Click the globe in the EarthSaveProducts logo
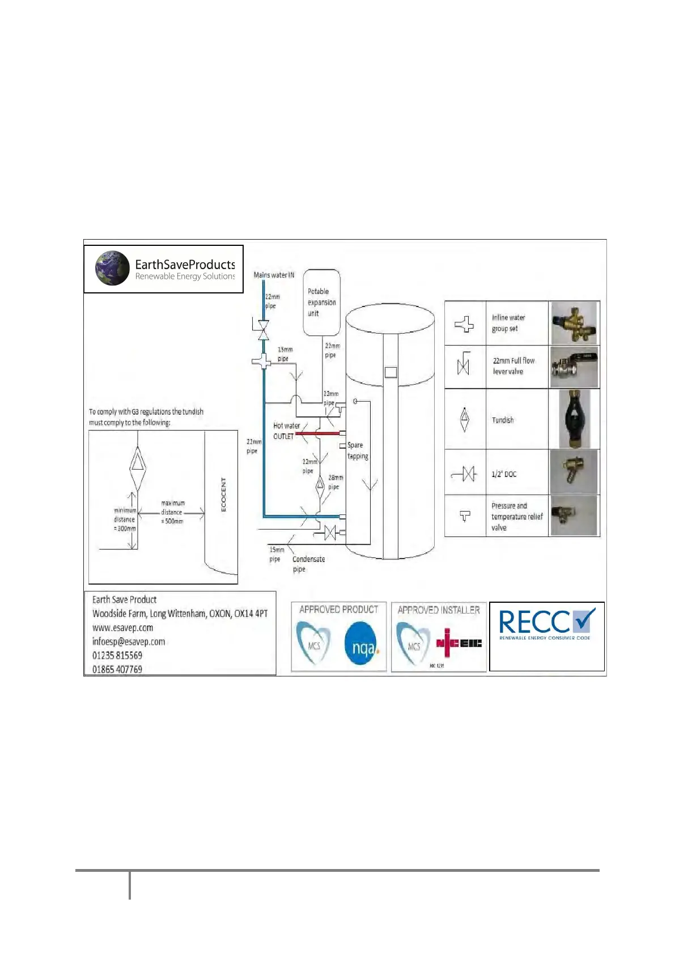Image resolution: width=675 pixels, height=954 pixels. click(113, 268)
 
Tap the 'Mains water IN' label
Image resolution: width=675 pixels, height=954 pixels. click(274, 275)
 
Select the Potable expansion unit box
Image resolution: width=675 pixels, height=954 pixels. click(321, 302)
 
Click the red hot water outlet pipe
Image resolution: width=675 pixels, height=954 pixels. click(317, 433)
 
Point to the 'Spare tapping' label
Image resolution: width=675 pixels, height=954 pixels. click(358, 451)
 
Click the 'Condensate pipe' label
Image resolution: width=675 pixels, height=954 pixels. click(308, 564)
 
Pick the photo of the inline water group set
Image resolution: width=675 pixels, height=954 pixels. click(574, 322)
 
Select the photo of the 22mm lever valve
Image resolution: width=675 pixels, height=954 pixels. click(574, 367)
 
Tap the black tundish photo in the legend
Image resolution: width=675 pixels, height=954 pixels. click(574, 419)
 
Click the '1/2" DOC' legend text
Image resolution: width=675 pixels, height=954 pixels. click(504, 474)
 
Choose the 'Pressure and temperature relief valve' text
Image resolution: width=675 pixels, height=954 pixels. click(516, 517)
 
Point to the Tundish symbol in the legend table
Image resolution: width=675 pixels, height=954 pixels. click(465, 420)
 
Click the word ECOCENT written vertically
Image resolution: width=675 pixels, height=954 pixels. click(223, 495)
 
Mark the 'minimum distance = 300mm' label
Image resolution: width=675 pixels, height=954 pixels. click(125, 519)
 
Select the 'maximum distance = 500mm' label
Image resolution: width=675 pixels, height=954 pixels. click(172, 512)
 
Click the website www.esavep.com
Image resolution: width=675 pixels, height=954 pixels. click(123, 628)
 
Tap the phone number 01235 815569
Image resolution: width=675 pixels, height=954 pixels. click(117, 655)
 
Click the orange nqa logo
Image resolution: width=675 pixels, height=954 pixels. click(362, 644)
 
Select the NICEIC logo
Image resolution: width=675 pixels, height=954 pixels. click(459, 642)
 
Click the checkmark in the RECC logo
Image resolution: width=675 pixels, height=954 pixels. click(583, 620)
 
